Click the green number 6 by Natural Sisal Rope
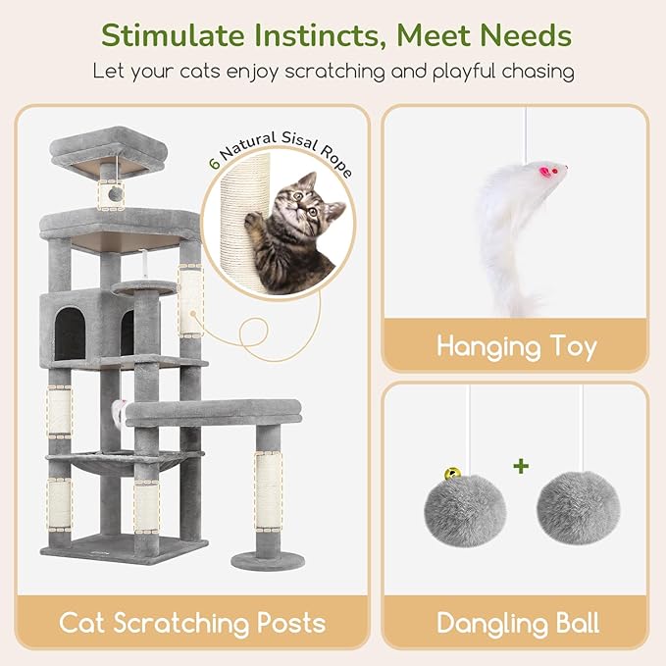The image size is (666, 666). tap(214, 163)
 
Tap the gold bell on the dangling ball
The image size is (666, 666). tap(452, 473)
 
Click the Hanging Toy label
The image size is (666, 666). tap(516, 345)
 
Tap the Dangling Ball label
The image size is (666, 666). tap(517, 623)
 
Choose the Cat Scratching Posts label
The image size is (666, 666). tap(192, 623)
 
